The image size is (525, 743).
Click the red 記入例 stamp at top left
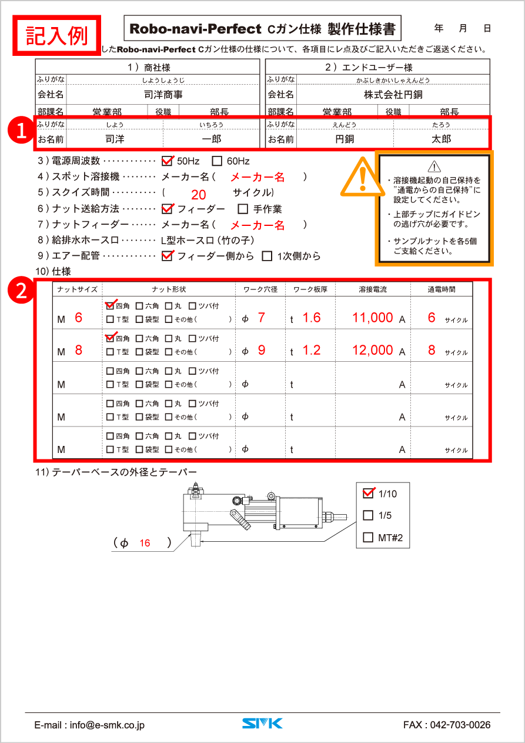pos(57,35)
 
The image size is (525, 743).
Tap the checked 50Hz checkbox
pos(167,161)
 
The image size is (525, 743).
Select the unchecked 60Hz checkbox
pos(217,161)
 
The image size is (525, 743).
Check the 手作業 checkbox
pos(243,209)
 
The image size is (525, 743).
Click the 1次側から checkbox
pos(267,256)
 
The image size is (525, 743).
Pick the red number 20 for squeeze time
pos(199,195)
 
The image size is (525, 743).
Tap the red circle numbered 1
pos(21,131)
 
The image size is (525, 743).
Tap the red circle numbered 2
pos(21,291)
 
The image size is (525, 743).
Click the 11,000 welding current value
pos(373,318)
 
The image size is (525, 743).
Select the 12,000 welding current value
pos(373,350)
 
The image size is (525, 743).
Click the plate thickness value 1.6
pos(312,318)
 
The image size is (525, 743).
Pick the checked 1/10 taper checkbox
pos(369,493)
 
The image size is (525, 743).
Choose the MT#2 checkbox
pos(369,537)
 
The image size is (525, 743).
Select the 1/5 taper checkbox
pos(369,515)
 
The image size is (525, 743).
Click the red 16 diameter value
pos(145,543)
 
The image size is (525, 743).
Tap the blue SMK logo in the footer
pos(262,724)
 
